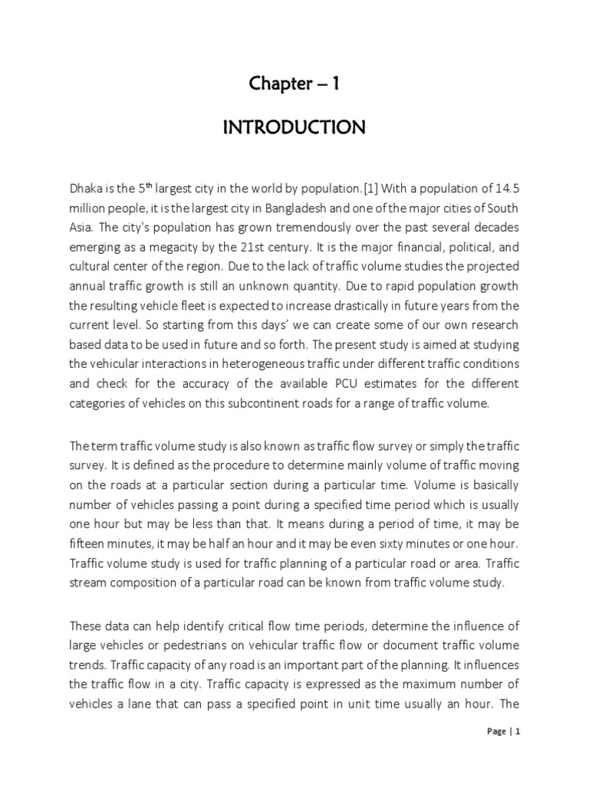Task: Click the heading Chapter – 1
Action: click(x=294, y=84)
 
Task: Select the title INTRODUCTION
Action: click(x=294, y=128)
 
